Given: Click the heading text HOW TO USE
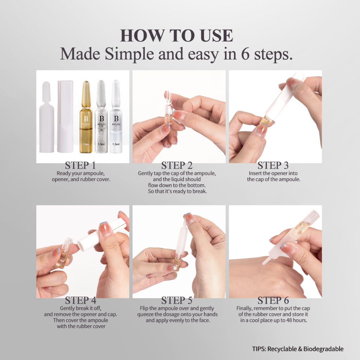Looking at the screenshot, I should [176, 36].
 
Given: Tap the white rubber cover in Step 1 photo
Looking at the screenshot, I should [46, 118].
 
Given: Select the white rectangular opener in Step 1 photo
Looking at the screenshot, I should [65, 116].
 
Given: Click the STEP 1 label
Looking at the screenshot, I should [80, 166].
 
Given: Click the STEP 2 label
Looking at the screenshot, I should [177, 166].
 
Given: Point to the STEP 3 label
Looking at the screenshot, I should [273, 166].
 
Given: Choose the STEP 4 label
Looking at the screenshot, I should [80, 301].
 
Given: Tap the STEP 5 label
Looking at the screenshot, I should [177, 301].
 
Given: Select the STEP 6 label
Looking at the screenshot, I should [273, 301].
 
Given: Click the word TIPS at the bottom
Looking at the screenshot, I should [259, 349].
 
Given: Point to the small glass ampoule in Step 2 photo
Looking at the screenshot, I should [168, 107].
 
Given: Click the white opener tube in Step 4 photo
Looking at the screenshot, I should [102, 234].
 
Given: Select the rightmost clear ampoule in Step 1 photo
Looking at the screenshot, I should [116, 118].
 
